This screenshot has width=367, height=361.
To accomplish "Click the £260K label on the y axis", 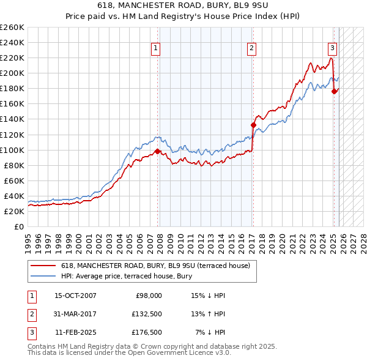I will coord(12,28).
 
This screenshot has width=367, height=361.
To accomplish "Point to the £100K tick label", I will coord(12,150).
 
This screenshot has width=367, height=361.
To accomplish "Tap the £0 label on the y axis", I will coord(18,226).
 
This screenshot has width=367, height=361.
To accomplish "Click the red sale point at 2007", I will coord(158,151).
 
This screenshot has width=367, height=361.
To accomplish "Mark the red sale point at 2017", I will coord(253,125).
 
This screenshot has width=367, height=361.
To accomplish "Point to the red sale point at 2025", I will coord(334,91).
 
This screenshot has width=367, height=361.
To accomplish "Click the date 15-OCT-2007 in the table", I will coord(75,296).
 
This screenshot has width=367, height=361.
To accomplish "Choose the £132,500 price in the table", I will coord(147,314).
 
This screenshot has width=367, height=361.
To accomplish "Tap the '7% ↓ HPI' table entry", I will coord(210,333).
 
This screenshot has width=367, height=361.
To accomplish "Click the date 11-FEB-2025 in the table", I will coord(75,333).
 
